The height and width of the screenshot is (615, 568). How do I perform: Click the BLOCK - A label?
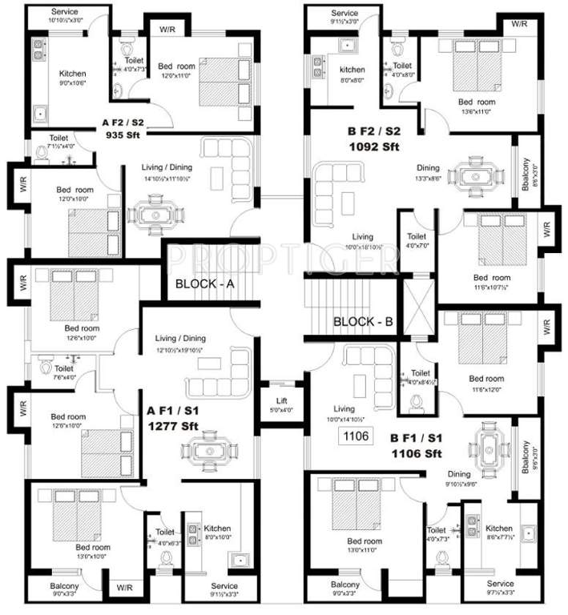[x=203, y=284]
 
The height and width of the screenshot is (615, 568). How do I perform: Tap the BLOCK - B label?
[x=363, y=322]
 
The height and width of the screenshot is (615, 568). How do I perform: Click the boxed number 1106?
[x=353, y=436]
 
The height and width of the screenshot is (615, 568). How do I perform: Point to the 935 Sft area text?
[x=123, y=135]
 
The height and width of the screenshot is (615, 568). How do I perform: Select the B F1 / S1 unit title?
[x=417, y=439]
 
